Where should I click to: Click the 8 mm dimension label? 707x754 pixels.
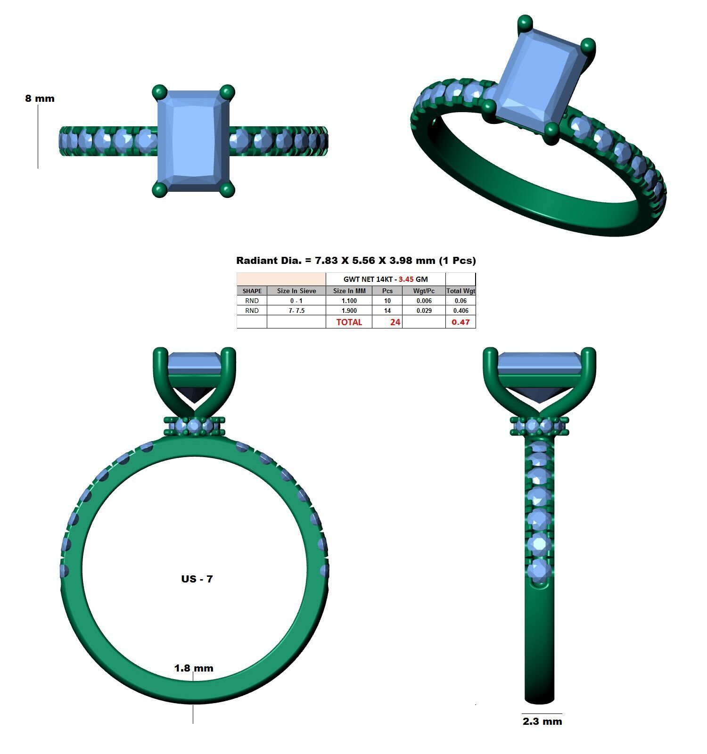pos(40,98)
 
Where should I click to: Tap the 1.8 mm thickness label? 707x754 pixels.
pos(194,668)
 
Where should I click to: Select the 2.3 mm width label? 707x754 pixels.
pos(542,721)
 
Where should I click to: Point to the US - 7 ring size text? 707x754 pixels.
pos(197,579)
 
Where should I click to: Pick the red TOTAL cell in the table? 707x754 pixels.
pos(349,322)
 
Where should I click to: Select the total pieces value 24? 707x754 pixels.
pos(395,322)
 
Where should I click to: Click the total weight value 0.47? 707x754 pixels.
pos(460,322)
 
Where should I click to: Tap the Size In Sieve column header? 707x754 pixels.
pos(296,291)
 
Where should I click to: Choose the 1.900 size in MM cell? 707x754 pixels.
pos(349,311)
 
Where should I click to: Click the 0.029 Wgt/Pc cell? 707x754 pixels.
pos(424,311)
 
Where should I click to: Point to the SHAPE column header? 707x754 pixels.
pos(252,291)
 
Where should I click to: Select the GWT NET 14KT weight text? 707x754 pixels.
pos(386,279)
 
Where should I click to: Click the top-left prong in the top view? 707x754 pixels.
pos(160,91)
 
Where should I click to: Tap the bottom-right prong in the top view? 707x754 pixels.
pos(227,190)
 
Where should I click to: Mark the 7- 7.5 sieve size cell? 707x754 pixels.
pos(296,311)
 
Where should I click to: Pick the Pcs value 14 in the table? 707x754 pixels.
pos(387,311)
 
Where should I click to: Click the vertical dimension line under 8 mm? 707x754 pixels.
pos(38,137)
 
